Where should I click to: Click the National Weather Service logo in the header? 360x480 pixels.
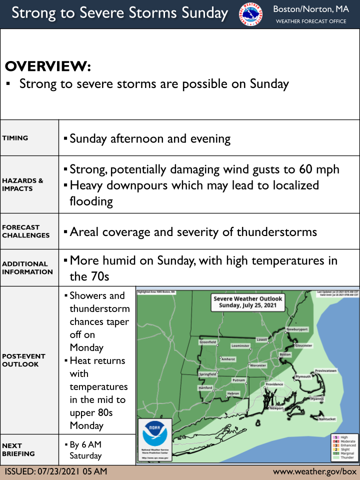click(249, 14)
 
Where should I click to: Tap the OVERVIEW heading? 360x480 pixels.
click(48, 66)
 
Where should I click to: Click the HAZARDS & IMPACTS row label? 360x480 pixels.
click(22, 184)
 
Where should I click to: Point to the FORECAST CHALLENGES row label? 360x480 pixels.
click(25, 231)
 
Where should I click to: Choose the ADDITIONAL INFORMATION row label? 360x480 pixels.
click(27, 267)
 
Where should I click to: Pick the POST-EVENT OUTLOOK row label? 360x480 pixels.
click(23, 360)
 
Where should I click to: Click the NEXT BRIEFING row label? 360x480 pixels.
click(18, 449)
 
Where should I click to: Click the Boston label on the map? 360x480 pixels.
click(285, 354)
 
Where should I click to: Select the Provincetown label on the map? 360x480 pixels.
click(325, 370)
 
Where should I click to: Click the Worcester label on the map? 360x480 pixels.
click(258, 365)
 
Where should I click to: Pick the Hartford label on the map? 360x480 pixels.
click(205, 387)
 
